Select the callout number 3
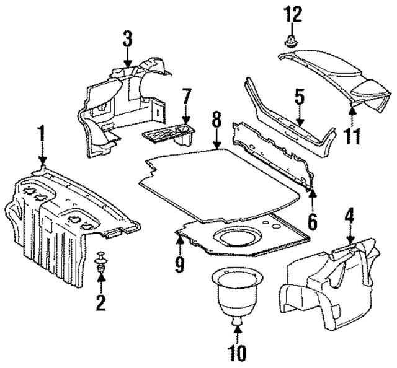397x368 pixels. pos(127,40)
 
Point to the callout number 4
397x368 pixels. pos(350,218)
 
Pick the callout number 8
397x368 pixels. pos(216,117)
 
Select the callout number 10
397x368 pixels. pos(238,353)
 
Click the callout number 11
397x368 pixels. pos(352,135)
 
